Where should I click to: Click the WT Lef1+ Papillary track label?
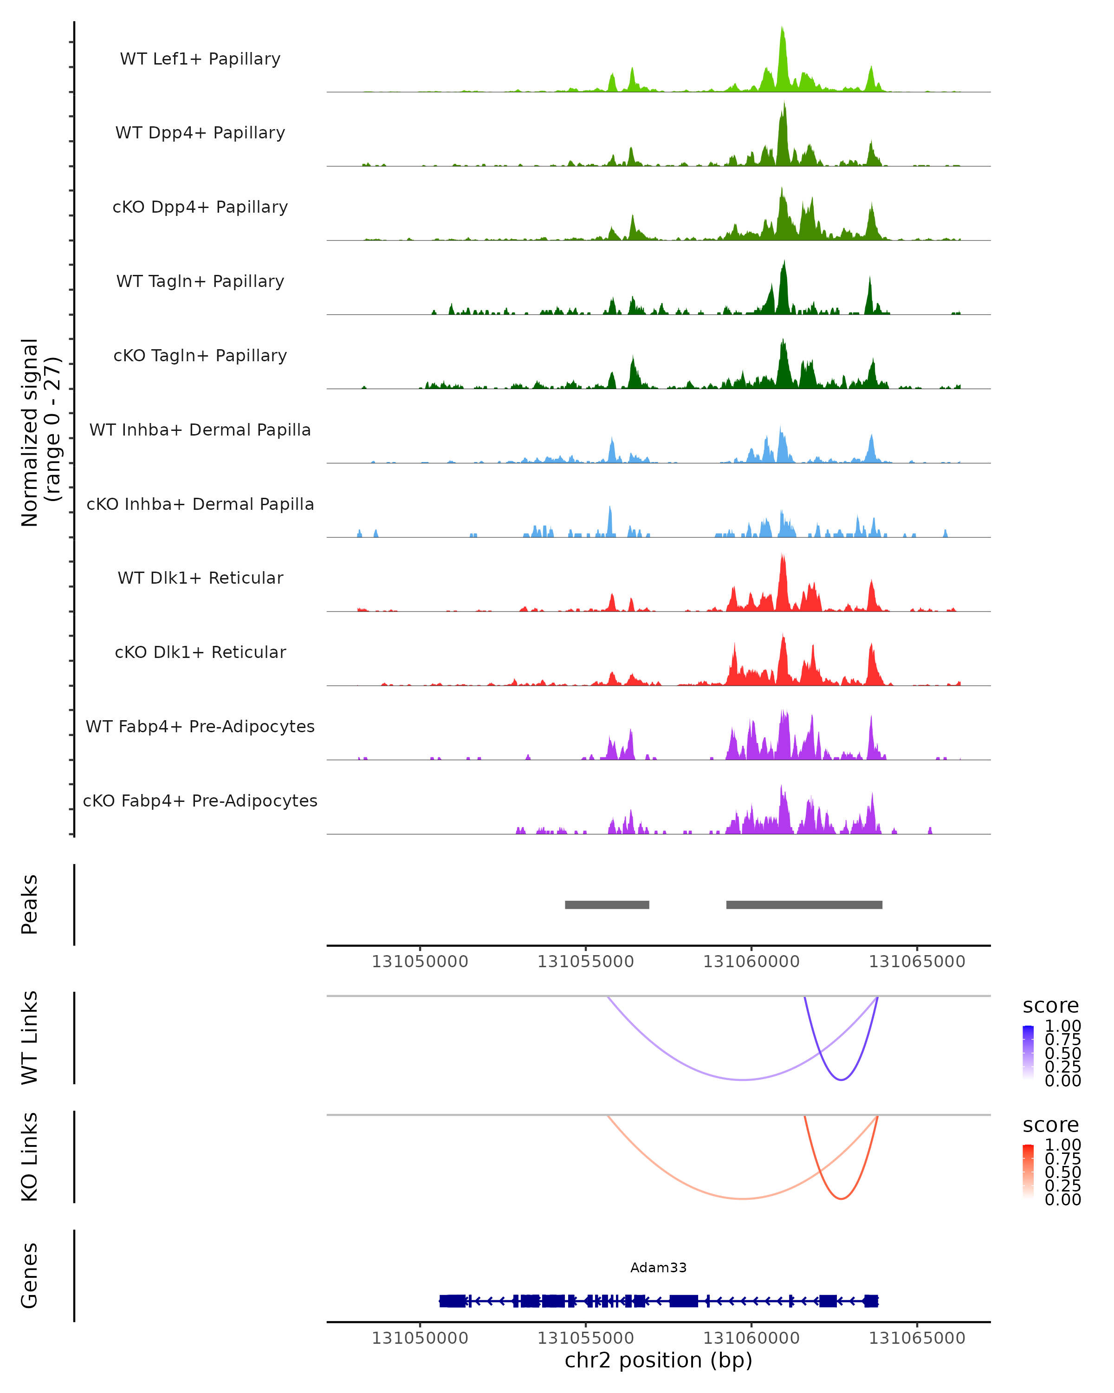200,59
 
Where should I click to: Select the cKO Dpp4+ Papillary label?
200,207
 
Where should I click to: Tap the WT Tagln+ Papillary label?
200,281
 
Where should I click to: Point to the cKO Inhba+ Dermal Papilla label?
200,504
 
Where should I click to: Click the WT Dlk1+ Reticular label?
200,578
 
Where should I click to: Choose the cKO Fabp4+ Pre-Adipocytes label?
200,801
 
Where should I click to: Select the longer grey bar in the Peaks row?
804,905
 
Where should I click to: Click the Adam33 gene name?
658,1267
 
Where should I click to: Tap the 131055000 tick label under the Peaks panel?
585,962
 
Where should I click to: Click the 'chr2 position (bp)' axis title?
658,1360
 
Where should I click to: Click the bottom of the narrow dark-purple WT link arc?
841,1080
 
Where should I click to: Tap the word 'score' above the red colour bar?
1050,1125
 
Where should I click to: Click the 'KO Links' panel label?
30,1157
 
